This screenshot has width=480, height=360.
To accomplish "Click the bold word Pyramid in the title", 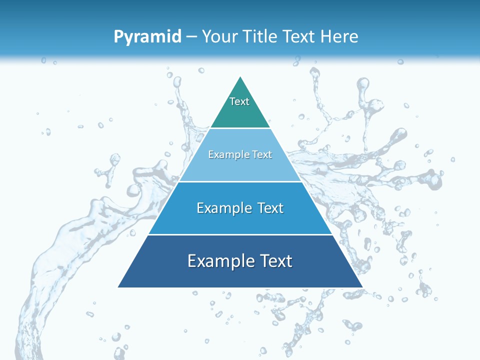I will pyautogui.click(x=147, y=37).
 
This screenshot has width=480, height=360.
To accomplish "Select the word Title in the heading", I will pyautogui.click(x=261, y=36).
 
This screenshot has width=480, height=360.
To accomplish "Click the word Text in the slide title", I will pyautogui.click(x=299, y=36).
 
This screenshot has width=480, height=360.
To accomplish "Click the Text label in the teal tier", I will pyautogui.click(x=239, y=101).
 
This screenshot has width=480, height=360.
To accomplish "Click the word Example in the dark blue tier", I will pyautogui.click(x=218, y=261).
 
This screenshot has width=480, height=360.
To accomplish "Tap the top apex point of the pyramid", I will pyautogui.click(x=240, y=76).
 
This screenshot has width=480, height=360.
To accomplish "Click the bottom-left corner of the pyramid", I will pyautogui.click(x=118, y=287).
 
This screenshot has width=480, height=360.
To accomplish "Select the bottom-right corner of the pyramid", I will pyautogui.click(x=362, y=287).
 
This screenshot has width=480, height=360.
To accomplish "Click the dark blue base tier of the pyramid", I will pyautogui.click(x=150, y=275).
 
